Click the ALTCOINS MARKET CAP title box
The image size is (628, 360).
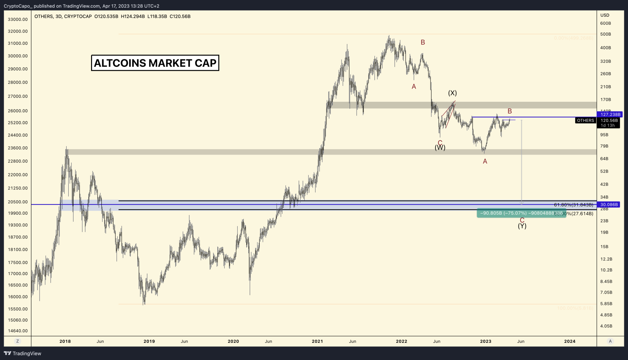coord(155,63)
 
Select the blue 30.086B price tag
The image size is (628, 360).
coord(608,205)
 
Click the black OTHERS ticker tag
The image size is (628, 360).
coord(585,121)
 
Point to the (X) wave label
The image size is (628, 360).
coord(452,93)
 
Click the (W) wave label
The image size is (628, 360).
coord(440,148)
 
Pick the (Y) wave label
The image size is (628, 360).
coord(522,226)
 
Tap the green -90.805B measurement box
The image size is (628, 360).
coord(521,213)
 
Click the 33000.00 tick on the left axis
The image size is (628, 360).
coord(18,19)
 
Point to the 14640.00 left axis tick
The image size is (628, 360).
coord(18,331)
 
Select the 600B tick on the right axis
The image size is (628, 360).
coord(605,23)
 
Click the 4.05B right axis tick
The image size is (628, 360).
coord(606,326)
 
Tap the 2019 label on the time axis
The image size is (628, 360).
coord(149,341)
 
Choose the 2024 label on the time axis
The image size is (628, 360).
coord(569,341)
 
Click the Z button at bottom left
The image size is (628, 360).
coord(17,341)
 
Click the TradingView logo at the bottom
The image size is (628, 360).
coord(23,353)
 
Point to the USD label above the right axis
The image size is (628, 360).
coord(605,15)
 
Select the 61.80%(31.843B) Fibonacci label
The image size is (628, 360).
coord(573,205)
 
